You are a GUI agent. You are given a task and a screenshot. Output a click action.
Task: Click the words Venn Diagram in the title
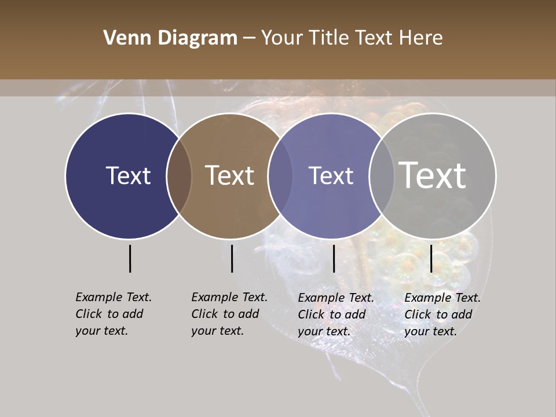pos(170,38)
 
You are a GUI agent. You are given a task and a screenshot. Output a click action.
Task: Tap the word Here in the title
pos(421,38)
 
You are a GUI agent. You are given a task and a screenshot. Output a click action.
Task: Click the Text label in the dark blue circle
pos(128,175)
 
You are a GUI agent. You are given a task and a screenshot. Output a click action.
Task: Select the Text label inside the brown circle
pos(230,175)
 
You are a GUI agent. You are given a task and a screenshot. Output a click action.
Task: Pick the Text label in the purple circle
pos(331,175)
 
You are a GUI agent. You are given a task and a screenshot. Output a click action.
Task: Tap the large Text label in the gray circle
pos(433,175)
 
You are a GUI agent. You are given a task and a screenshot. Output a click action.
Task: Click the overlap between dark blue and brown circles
pos(179,175)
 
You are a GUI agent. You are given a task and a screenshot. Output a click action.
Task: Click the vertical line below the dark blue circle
pos(130,258)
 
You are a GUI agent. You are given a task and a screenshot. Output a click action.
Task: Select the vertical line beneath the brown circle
pos(232,258)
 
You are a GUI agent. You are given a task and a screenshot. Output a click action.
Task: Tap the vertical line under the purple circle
pos(334,258)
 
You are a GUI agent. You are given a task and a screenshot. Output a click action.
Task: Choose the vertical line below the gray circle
pos(431,258)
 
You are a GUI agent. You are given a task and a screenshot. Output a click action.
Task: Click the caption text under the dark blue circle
pos(113,314)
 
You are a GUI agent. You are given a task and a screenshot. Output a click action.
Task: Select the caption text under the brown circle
pos(229,314)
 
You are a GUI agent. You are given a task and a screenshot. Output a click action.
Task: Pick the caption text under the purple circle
pos(335,314)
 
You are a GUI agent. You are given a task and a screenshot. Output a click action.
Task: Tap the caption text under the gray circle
pos(442,314)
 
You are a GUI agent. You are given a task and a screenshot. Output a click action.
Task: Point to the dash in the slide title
pos(249,38)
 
